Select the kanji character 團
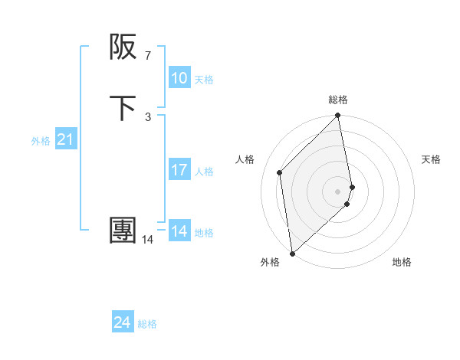tap(124, 231)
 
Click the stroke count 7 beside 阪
tap(147, 56)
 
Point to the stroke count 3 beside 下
tap(147, 116)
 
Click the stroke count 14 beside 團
tap(147, 240)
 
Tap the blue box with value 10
tap(179, 78)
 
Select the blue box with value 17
tap(179, 170)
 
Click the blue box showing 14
tap(179, 231)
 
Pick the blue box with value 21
tap(65, 139)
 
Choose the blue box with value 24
tap(123, 322)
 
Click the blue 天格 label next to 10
tap(204, 80)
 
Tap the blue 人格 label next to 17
tap(204, 172)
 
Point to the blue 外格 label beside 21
tap(41, 141)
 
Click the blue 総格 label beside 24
tap(147, 324)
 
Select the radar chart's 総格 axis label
tap(338, 100)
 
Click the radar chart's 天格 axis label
tap(431, 159)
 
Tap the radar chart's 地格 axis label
tap(402, 263)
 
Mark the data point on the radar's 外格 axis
tap(292, 254)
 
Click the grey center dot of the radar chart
tap(338, 191)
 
